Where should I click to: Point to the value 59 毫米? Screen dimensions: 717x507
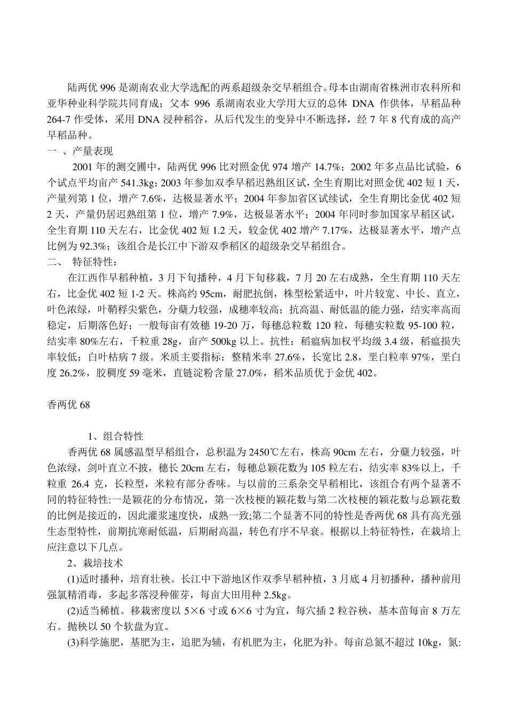pos(141,373)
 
